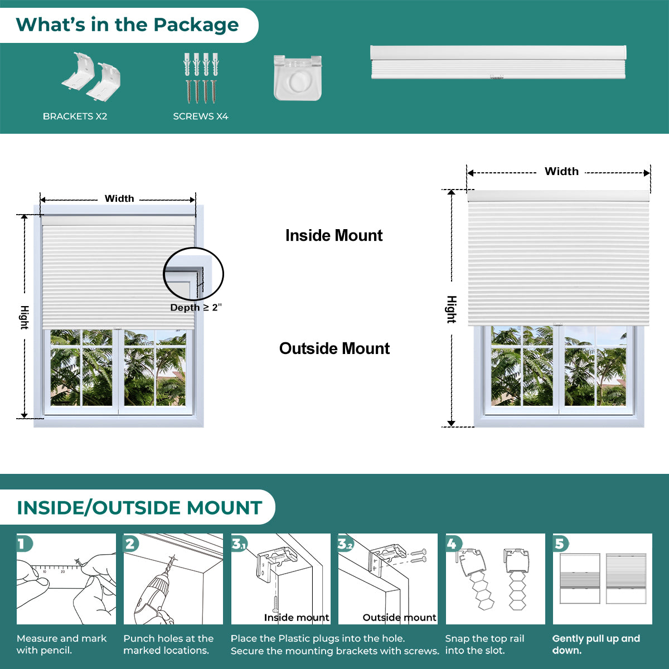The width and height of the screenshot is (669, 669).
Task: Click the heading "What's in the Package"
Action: pyautogui.click(x=127, y=25)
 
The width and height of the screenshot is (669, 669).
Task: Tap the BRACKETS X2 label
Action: pyautogui.click(x=75, y=117)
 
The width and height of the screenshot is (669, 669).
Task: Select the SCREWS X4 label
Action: pyautogui.click(x=201, y=117)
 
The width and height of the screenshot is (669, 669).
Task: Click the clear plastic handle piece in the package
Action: pyautogui.click(x=298, y=77)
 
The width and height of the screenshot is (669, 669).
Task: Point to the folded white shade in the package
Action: pyautogui.click(x=498, y=62)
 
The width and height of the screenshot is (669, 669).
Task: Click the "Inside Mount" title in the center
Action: pyautogui.click(x=334, y=235)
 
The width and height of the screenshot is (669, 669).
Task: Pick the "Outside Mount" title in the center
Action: pyautogui.click(x=334, y=348)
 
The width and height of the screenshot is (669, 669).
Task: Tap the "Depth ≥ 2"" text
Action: pyautogui.click(x=196, y=307)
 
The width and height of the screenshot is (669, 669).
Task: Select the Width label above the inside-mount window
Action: pyautogui.click(x=119, y=198)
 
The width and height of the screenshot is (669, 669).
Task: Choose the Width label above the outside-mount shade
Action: pyautogui.click(x=561, y=171)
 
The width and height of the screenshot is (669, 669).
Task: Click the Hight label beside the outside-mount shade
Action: pyautogui.click(x=452, y=309)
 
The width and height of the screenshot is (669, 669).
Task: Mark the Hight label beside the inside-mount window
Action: pyautogui.click(x=25, y=317)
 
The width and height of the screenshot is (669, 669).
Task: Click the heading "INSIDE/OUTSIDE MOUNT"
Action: pyautogui.click(x=139, y=507)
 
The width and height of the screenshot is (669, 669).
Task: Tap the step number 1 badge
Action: pyautogui.click(x=25, y=544)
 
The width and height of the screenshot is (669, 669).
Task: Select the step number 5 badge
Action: pyautogui.click(x=561, y=544)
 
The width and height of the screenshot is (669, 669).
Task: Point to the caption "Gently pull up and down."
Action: pyautogui.click(x=596, y=644)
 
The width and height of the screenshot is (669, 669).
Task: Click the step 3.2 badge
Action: pyautogui.click(x=346, y=544)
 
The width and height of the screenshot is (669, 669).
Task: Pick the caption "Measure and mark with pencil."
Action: pyautogui.click(x=61, y=644)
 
